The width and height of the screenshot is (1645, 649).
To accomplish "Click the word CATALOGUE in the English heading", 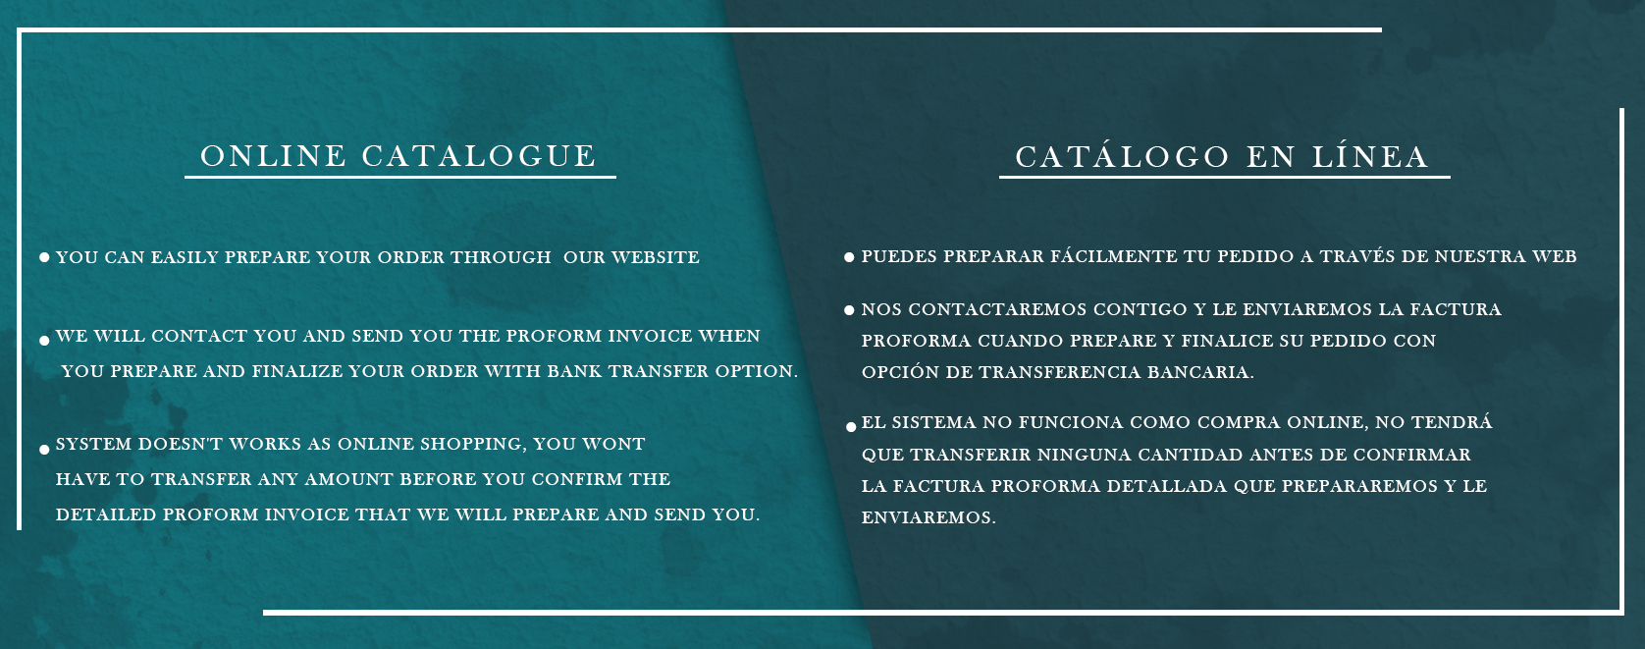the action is [x=478, y=156].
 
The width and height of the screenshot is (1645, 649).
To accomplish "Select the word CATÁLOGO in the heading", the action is [x=1122, y=155].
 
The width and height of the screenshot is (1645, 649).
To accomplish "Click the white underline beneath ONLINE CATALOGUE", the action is [x=400, y=177].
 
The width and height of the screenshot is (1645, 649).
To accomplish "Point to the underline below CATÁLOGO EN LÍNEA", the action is [x=1224, y=177].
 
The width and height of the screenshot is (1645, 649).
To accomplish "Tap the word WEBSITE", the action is [x=656, y=257].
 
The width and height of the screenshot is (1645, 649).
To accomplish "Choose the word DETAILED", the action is [x=106, y=514].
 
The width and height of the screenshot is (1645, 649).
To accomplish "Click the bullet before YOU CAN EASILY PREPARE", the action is [x=44, y=257].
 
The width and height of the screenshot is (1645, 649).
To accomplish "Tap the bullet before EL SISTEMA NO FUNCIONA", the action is [x=850, y=426].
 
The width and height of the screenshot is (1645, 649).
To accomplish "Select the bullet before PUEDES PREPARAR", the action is [x=849, y=257].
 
